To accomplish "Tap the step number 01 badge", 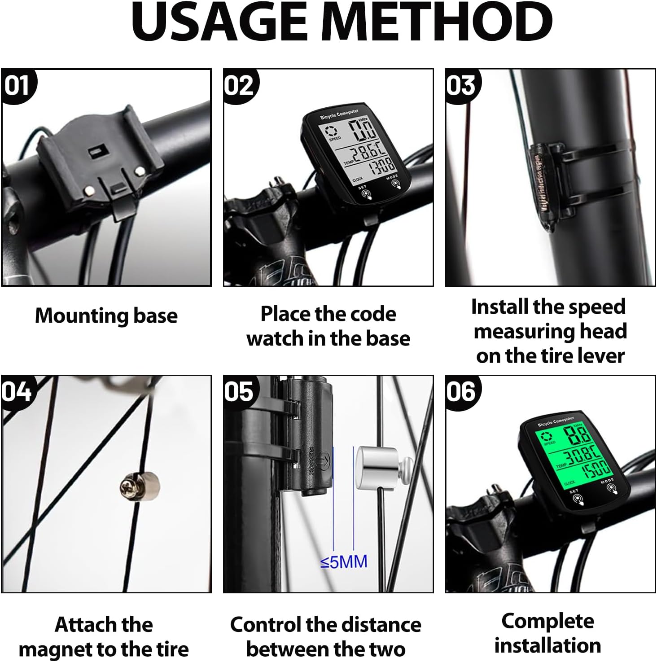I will (17, 85).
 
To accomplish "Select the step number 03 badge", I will (461, 85).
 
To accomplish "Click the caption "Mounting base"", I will (106, 316).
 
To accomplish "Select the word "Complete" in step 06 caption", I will (547, 622).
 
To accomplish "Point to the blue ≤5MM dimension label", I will (344, 561).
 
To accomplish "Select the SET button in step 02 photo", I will (367, 193).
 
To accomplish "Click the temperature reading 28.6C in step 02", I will (367, 154).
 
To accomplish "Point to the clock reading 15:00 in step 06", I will (596, 469).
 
